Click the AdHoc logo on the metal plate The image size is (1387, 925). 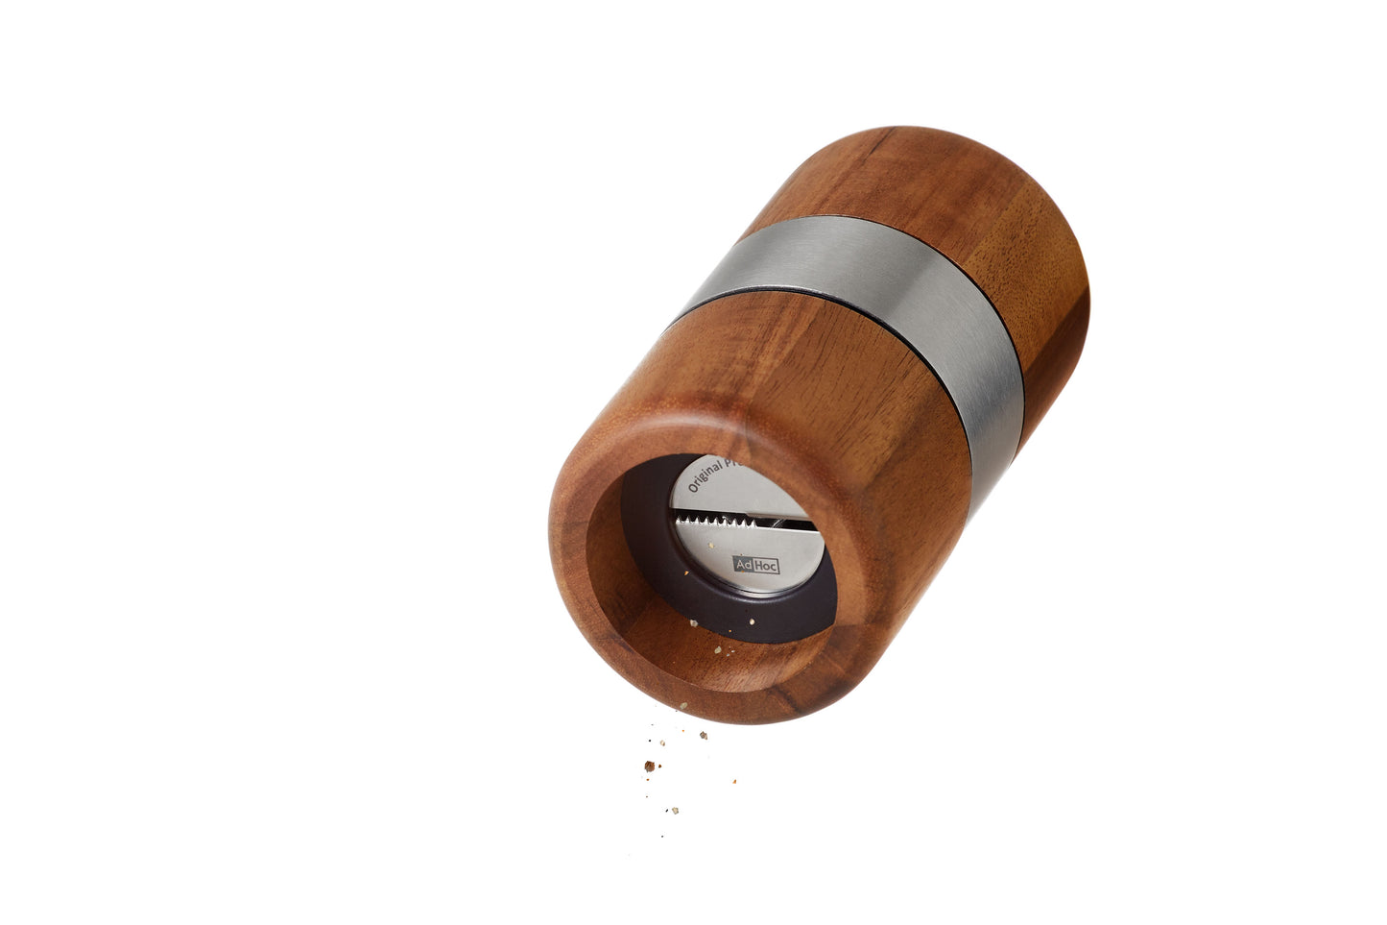pyautogui.click(x=756, y=565)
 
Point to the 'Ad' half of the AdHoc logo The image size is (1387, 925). pyautogui.click(x=745, y=565)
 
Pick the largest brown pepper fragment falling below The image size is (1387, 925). pyautogui.click(x=650, y=767)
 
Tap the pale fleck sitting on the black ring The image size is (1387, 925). pyautogui.click(x=693, y=623)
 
